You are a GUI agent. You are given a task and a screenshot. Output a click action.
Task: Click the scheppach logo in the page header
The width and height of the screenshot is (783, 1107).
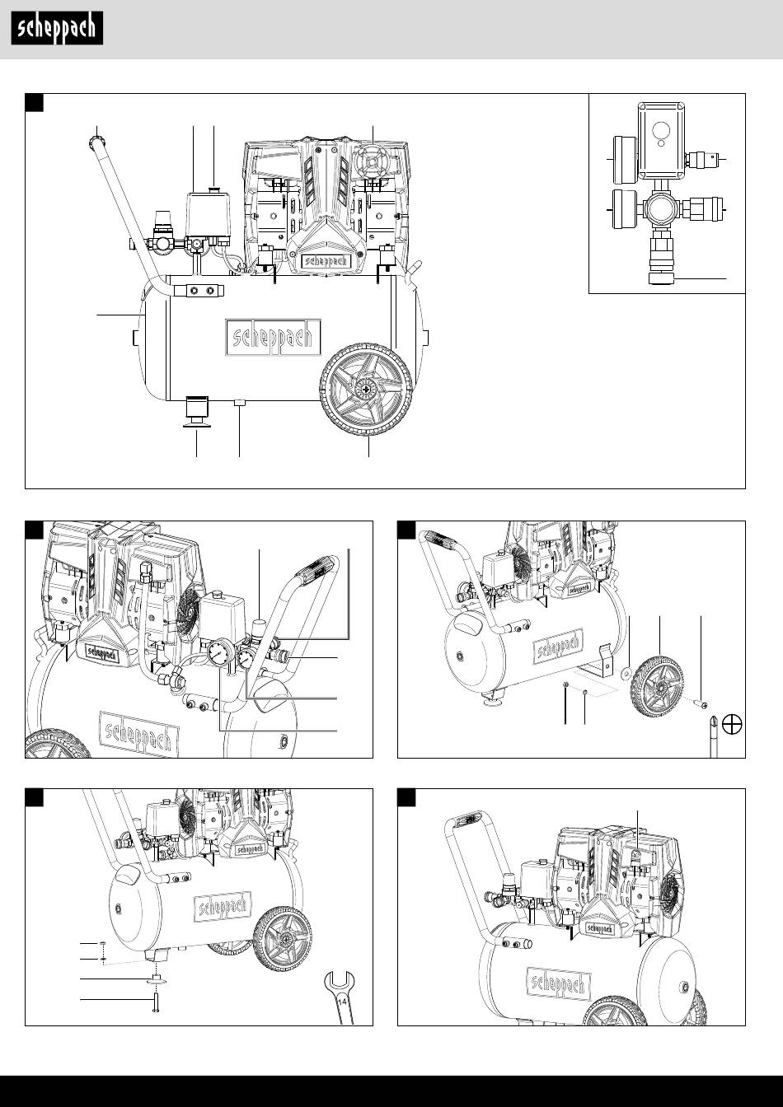(57, 30)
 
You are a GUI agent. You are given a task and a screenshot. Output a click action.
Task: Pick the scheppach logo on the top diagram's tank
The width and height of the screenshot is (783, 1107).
(270, 338)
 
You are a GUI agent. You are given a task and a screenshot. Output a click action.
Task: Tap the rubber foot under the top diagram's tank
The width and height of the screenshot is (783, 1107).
(196, 410)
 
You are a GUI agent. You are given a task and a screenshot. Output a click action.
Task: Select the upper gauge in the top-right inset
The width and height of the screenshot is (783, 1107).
(618, 158)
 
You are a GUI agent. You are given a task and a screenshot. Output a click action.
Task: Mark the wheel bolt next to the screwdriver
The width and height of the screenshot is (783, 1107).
(702, 701)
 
